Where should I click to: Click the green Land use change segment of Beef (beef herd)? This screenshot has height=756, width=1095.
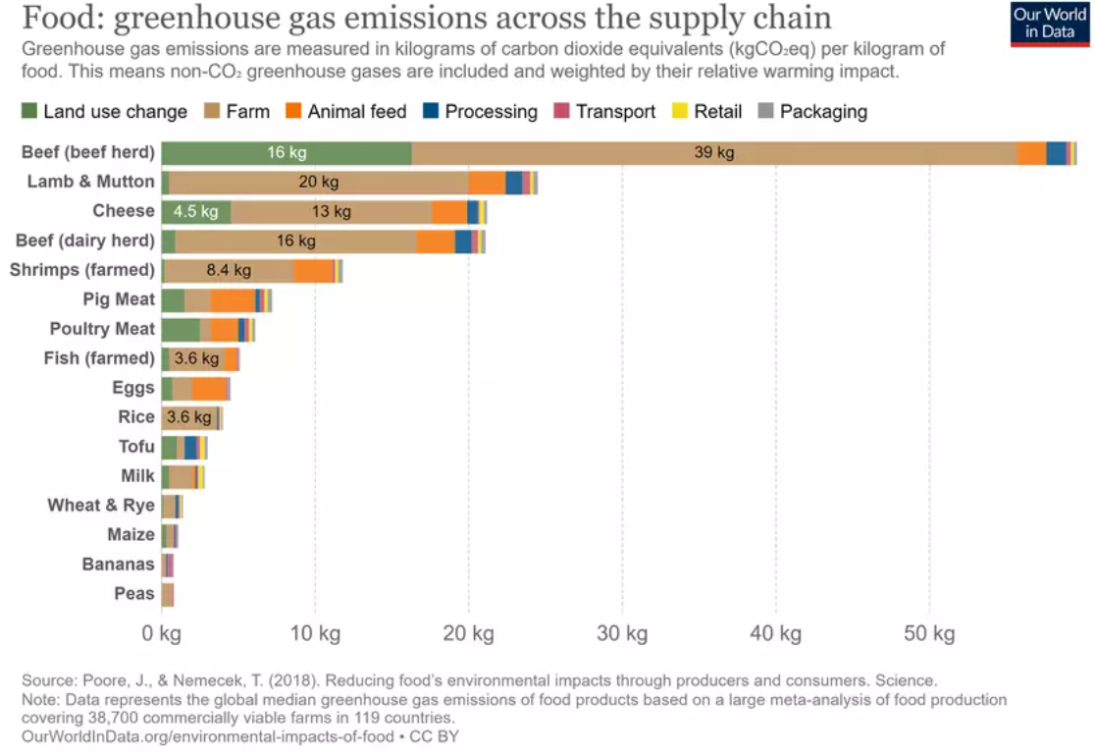point(286,152)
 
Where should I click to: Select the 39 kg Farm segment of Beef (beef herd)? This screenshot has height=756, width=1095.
point(713,152)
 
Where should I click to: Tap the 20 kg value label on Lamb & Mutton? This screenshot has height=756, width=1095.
point(319,182)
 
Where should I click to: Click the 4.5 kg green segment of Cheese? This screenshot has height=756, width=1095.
point(195,211)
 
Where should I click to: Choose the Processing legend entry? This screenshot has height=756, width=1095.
point(480,112)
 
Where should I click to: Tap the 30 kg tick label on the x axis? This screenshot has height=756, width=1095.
point(622,633)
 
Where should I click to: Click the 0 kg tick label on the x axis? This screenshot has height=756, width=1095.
point(161,633)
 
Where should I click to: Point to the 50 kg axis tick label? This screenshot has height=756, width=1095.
point(929,633)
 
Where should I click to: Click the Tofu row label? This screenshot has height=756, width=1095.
point(136,447)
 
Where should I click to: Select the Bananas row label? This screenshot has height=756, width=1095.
point(118,565)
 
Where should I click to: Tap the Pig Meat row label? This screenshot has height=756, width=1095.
point(119,299)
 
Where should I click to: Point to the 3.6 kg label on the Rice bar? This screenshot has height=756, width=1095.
point(188,417)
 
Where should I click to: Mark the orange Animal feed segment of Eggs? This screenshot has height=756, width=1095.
point(209,388)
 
